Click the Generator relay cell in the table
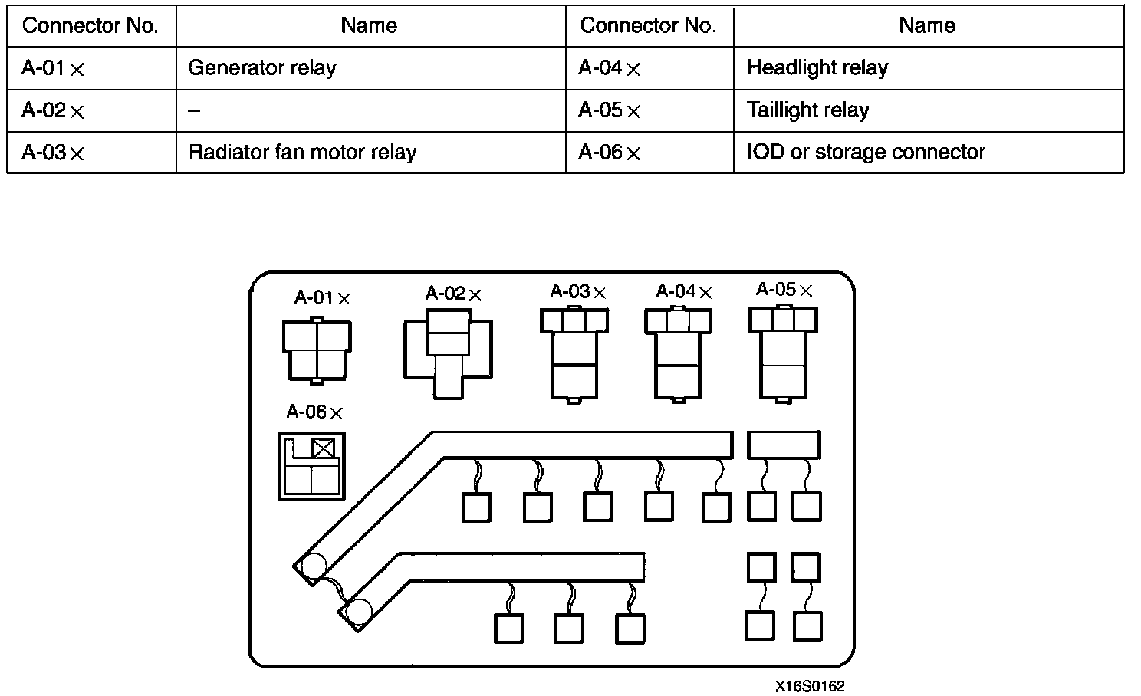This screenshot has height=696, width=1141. (x=262, y=68)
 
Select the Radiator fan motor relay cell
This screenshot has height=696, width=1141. (x=302, y=152)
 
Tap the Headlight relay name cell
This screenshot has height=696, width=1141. (x=817, y=68)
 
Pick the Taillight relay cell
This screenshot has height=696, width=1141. (x=808, y=110)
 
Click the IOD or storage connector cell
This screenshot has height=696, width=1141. (x=866, y=152)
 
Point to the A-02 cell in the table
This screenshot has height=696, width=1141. (x=53, y=110)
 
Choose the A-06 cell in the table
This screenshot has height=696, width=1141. (x=610, y=152)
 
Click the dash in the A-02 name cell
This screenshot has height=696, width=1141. (x=194, y=110)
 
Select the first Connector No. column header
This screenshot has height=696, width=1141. (x=90, y=26)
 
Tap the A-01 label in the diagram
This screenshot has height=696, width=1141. (x=322, y=298)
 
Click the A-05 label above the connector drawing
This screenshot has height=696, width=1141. (x=784, y=290)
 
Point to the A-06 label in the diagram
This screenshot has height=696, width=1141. (x=314, y=412)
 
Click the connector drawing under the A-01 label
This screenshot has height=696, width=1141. (x=317, y=350)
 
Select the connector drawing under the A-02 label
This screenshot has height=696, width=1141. (x=448, y=353)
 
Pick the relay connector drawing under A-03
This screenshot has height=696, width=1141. (x=574, y=353)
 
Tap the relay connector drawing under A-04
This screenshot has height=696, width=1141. (x=679, y=353)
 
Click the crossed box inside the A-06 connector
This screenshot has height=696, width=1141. (x=324, y=448)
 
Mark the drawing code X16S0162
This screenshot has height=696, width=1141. (x=809, y=686)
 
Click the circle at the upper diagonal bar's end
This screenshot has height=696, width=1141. (x=314, y=567)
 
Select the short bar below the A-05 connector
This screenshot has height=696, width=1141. (x=784, y=445)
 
